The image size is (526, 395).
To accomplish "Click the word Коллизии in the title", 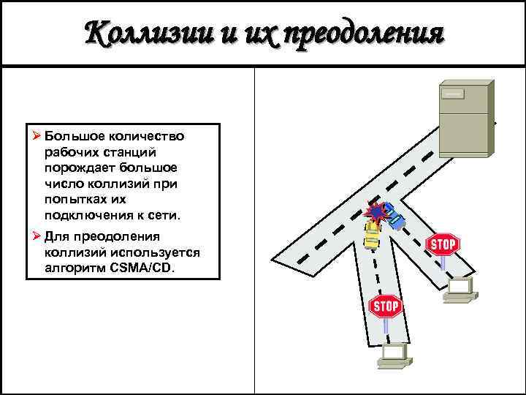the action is click(x=143, y=34).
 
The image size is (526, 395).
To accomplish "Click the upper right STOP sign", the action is click(x=443, y=244).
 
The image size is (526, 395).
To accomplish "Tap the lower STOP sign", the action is click(x=386, y=306).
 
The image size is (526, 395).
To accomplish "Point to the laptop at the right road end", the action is click(x=461, y=290).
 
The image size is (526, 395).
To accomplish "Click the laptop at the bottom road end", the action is click(x=395, y=355).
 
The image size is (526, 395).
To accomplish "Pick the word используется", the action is click(x=159, y=252).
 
